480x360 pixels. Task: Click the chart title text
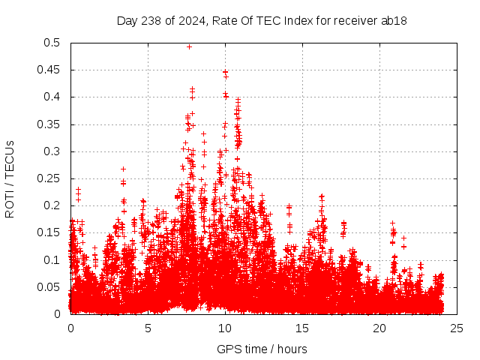[x=262, y=20]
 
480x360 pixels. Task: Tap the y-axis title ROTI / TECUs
[x=10, y=178]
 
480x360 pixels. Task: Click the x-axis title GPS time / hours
[x=262, y=349]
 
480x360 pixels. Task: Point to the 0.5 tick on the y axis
[x=54, y=43]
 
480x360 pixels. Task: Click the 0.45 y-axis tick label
[x=51, y=70]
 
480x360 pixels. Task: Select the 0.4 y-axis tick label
[x=54, y=97]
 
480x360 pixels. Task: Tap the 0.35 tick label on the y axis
[x=51, y=124]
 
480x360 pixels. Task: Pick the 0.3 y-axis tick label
[x=54, y=151]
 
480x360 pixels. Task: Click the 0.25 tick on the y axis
[x=51, y=178]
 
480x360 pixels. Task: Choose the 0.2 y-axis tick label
[x=54, y=205]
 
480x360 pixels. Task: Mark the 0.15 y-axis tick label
[x=51, y=232]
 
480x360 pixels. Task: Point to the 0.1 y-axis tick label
[x=54, y=259]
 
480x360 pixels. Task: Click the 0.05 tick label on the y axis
[x=51, y=286]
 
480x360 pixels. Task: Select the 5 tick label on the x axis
[x=148, y=328]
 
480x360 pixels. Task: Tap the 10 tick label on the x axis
[x=225, y=328]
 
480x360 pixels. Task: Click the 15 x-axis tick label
[x=302, y=328]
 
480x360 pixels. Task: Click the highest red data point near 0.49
[x=189, y=46]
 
